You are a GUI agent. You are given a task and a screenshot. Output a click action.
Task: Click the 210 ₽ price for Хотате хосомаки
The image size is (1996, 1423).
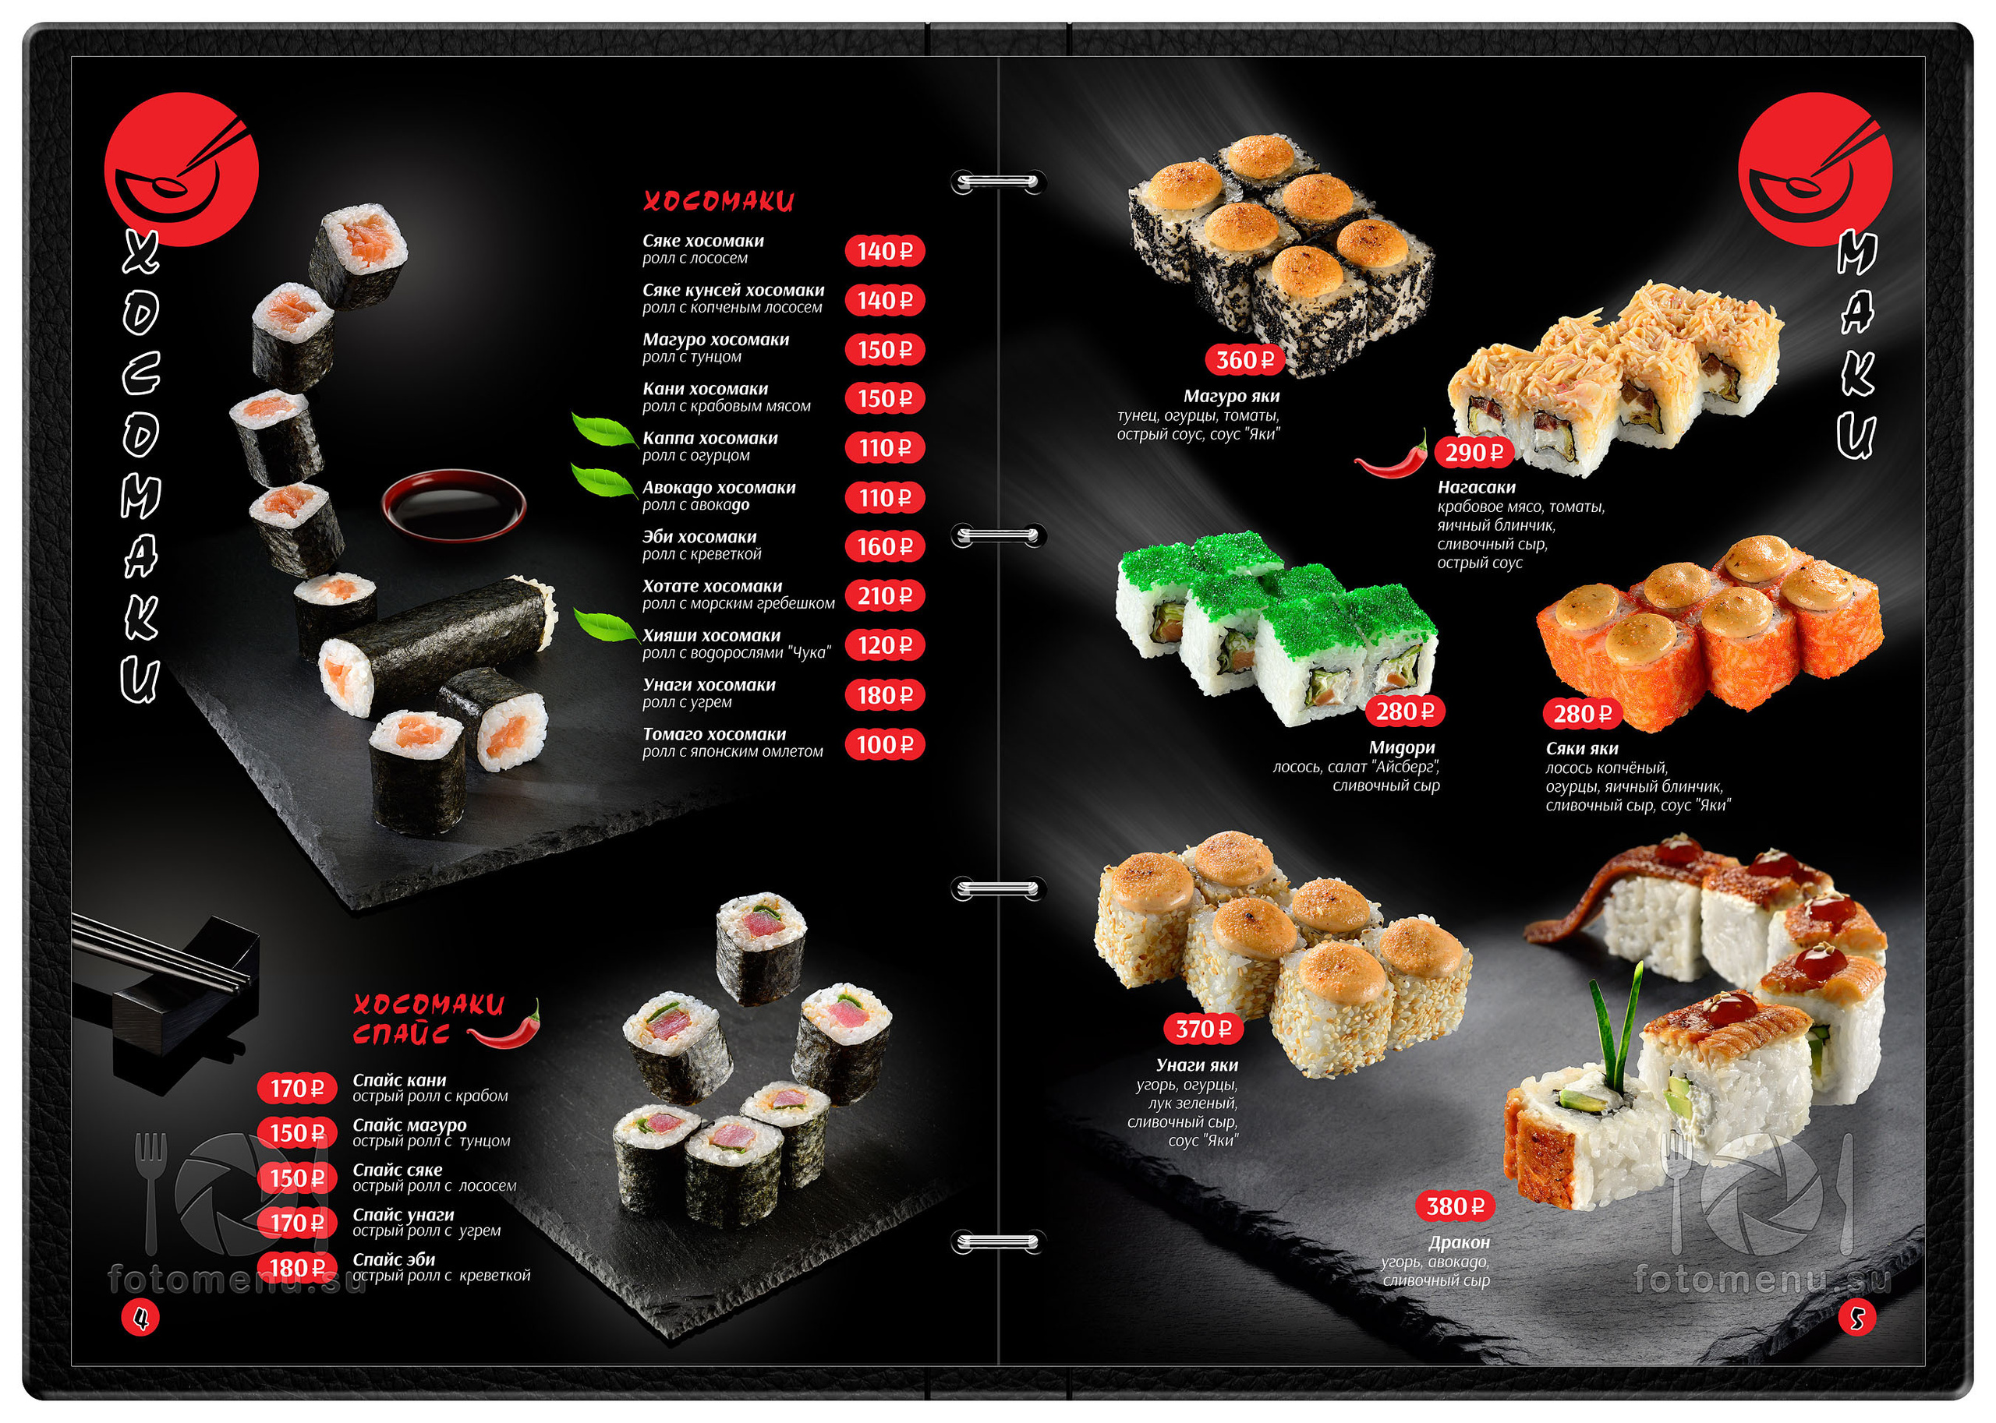[884, 596]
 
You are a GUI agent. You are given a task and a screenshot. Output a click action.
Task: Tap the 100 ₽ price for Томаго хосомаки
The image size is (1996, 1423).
[884, 745]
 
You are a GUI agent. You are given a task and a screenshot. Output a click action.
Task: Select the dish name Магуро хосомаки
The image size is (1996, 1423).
[715, 339]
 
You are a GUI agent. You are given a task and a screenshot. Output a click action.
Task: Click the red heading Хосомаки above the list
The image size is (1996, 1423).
[718, 202]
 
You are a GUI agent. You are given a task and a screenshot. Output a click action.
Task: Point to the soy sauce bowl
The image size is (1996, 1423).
[454, 505]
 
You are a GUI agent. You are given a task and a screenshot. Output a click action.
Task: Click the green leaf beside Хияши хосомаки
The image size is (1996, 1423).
[606, 625]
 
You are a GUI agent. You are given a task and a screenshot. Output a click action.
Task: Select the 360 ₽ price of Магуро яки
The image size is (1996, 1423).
[1244, 359]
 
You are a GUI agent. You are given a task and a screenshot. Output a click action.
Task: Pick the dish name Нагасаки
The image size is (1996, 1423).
[1476, 487]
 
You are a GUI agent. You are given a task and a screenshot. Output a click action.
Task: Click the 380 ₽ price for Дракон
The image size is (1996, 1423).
[1455, 1206]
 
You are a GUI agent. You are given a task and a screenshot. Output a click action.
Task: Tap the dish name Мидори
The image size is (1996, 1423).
[1402, 747]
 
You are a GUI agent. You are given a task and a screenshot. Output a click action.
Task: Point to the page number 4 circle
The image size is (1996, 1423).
[140, 1316]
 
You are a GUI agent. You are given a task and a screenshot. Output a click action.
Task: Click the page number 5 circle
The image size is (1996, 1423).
[1856, 1316]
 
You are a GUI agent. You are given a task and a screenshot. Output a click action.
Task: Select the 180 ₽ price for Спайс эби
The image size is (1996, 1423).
[297, 1268]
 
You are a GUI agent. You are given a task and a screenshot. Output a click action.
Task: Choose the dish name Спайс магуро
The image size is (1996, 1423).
[409, 1125]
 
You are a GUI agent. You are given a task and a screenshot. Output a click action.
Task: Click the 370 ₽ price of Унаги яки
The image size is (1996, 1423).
[1204, 1029]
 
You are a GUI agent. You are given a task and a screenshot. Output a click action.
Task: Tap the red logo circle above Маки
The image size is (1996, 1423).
[1815, 169]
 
